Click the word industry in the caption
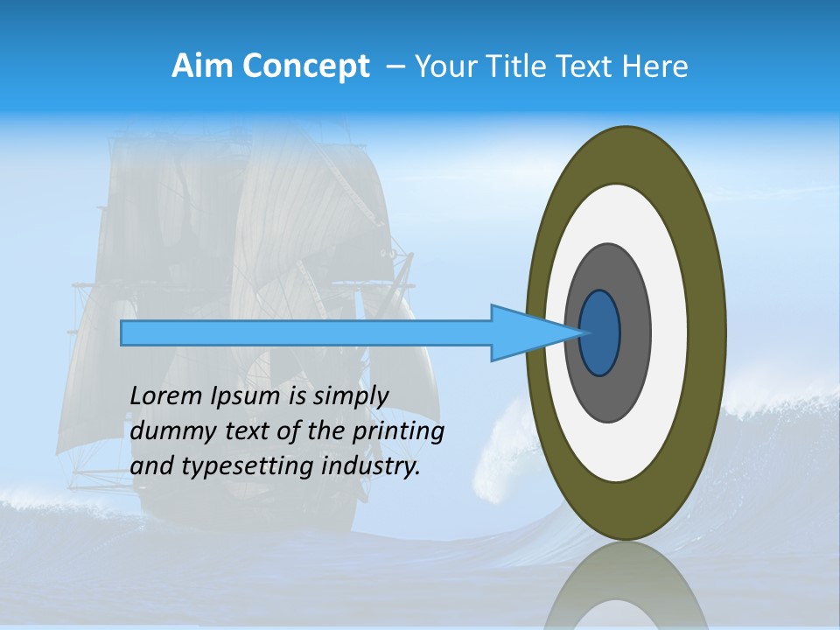click(371, 465)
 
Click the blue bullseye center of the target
click(600, 333)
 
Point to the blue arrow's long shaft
click(306, 333)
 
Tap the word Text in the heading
click(587, 66)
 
